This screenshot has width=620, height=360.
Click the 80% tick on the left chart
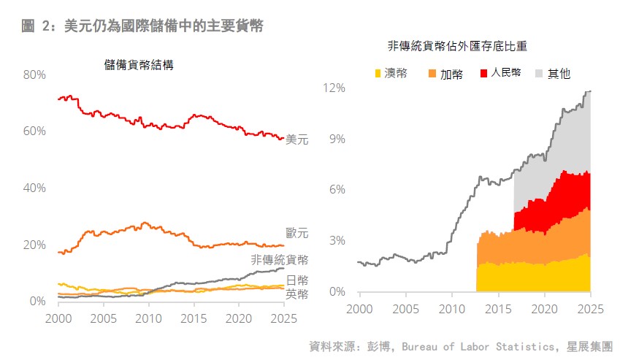point(34,75)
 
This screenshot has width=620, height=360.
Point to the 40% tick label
point(34,188)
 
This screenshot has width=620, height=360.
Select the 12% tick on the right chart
point(334,88)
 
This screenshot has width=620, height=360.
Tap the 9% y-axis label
point(337,139)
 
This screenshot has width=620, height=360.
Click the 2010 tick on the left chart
point(148,318)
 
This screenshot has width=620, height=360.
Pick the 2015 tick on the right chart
point(497,309)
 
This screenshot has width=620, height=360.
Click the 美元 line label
point(297,139)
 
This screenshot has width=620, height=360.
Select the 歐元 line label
point(297,234)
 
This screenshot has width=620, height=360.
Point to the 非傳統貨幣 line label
point(280,260)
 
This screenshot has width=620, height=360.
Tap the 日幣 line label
point(297,281)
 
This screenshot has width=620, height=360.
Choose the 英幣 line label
point(297,294)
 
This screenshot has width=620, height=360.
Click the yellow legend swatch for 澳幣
point(378,73)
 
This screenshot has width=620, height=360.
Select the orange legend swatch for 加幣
point(432,73)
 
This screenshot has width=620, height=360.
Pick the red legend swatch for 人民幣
point(483,73)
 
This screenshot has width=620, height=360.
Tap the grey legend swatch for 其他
point(540,73)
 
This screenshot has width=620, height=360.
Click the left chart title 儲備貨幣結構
point(139,64)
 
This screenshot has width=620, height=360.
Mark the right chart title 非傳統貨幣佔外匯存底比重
point(458,46)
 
